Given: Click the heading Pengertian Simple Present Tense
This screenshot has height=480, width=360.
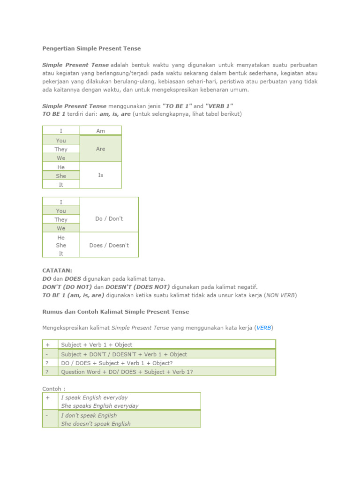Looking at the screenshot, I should (x=91, y=48).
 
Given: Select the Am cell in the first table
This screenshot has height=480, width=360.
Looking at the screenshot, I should (x=100, y=131).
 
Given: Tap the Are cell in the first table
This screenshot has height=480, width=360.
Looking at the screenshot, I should (x=100, y=149).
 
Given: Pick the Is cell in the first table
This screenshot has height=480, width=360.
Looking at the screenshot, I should (x=100, y=175).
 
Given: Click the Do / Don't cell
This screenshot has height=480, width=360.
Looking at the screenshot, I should (x=109, y=219).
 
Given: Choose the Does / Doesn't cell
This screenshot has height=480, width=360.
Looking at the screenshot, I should (x=109, y=245).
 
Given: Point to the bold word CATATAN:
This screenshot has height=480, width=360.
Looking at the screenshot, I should (x=57, y=270).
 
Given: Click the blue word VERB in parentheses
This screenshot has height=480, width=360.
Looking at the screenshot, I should (x=264, y=328).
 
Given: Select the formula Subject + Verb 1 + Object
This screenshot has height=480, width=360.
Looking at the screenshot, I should (x=97, y=345).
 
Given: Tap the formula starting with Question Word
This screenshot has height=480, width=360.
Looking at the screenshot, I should (x=127, y=372).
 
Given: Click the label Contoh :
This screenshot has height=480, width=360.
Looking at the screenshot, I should (x=54, y=389).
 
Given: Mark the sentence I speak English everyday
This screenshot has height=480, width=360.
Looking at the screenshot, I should (x=94, y=397).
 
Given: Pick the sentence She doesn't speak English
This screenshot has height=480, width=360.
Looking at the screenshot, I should (x=96, y=424).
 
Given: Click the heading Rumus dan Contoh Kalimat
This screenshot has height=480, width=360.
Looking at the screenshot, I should (x=115, y=312).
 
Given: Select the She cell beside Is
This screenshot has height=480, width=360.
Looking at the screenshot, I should (x=61, y=176).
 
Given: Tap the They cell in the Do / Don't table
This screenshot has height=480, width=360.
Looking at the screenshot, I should (x=61, y=219).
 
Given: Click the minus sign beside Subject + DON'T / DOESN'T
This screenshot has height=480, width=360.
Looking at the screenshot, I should (x=47, y=354).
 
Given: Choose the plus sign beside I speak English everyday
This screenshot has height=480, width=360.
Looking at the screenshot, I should (x=47, y=397).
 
